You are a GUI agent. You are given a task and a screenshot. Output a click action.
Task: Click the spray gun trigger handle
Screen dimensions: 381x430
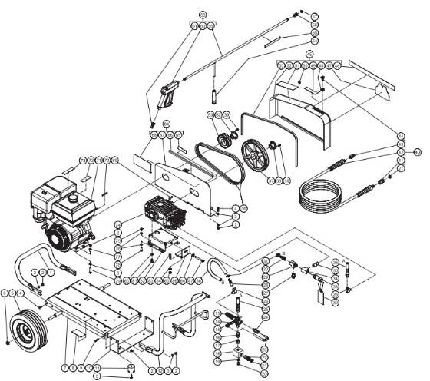pyautogui.click(x=164, y=95)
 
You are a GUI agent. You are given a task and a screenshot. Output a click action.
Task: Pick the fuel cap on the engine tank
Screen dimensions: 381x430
pyautogui.click(x=74, y=198)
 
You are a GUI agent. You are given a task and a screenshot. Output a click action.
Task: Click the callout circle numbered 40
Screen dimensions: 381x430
pyautogui.click(x=417, y=152)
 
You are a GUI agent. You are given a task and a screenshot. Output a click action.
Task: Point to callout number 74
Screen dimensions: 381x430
pyautogui.click(x=118, y=224)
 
